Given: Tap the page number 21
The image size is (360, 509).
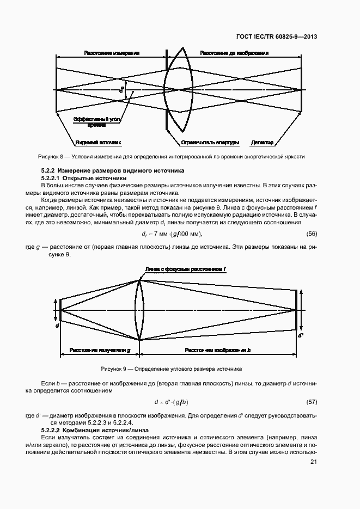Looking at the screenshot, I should coord(313,462).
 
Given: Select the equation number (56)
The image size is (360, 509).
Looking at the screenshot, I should coord(312,234).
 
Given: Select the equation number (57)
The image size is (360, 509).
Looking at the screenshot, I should coord(312,402).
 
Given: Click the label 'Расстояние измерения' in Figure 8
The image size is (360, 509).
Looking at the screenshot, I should coord(112,53).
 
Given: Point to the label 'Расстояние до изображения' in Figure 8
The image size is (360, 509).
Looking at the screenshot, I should coord(234,53).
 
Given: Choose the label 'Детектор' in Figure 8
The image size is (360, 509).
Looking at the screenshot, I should coord(263,143).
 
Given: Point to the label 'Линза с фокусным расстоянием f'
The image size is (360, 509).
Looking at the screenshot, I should coord(186,269).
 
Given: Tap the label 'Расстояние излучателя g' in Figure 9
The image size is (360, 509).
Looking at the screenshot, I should coord(100,350).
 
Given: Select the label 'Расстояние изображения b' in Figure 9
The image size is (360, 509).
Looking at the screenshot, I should coord(217,350).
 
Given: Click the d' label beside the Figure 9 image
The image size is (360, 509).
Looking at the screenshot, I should coord(301,335).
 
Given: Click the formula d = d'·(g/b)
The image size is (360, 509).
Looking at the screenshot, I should coord(171,402).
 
